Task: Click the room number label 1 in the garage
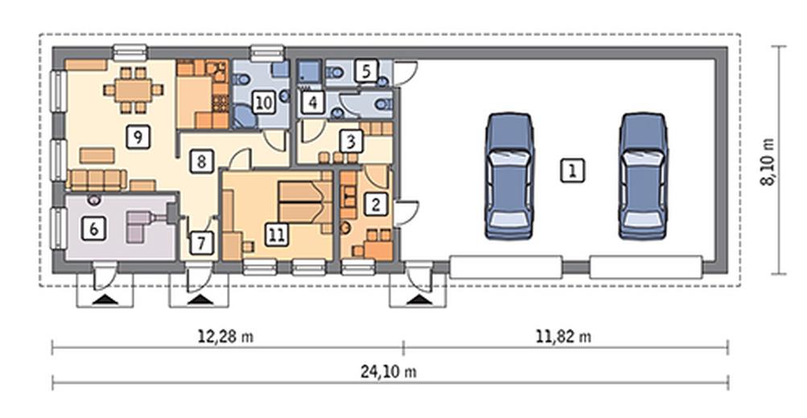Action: tap(572, 170)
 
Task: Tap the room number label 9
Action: tap(138, 137)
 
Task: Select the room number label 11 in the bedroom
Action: tap(277, 235)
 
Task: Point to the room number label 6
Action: tap(93, 227)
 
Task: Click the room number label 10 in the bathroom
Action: tap(263, 102)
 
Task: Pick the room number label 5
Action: tap(366, 71)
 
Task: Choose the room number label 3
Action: tap(351, 141)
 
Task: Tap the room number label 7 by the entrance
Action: tap(200, 242)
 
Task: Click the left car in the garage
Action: tap(509, 176)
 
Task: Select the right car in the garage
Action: tap(644, 176)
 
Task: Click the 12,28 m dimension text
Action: tap(226, 337)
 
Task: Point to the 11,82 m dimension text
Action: tap(563, 337)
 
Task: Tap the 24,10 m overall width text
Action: tap(389, 371)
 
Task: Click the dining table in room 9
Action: tap(133, 90)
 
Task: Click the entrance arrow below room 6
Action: tap(106, 299)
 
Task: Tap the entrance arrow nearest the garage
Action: tap(419, 299)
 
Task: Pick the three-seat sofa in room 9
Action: tap(97, 179)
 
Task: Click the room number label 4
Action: tap(312, 102)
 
